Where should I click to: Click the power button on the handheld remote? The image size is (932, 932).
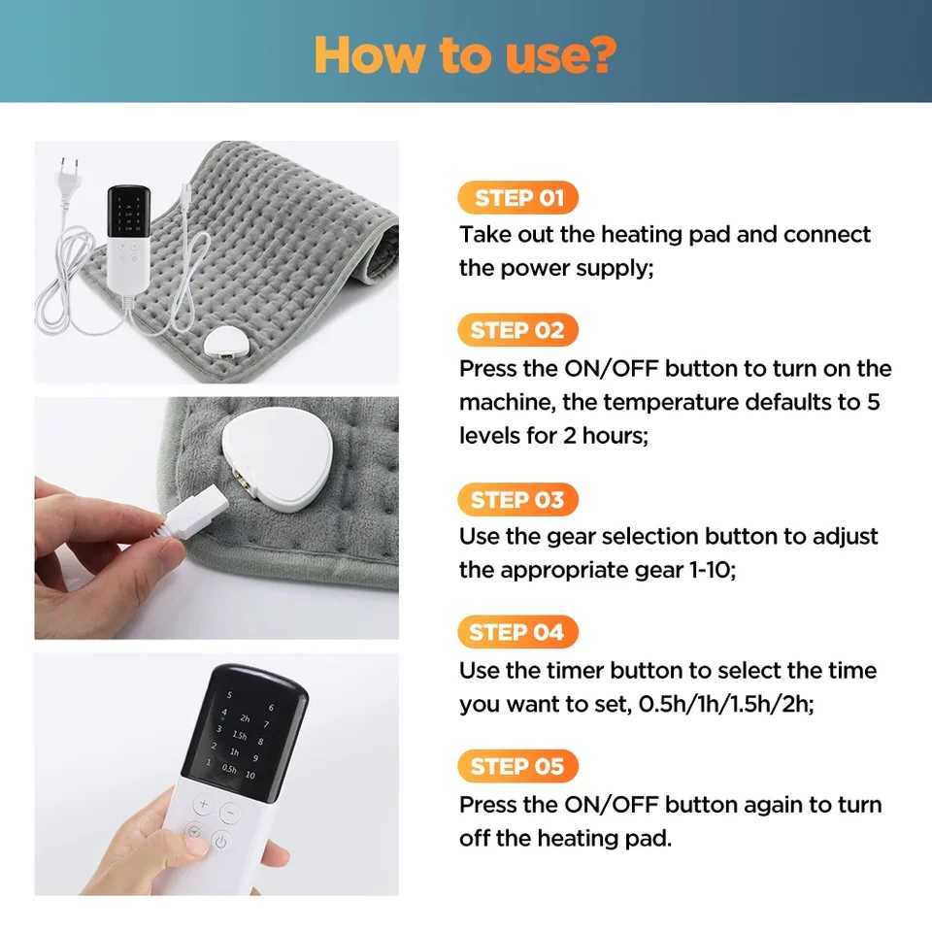coord(220,842)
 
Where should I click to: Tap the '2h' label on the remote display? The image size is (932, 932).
coord(244,719)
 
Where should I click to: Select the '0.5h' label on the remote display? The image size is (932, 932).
coord(229,768)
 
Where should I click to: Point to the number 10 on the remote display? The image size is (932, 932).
coord(250,775)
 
